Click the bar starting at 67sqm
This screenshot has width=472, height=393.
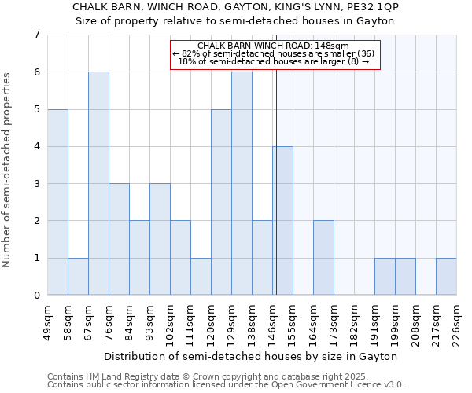pyautogui.click(x=98, y=183)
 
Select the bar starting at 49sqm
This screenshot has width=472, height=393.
pyautogui.click(x=57, y=202)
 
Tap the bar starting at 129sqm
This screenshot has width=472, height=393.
pyautogui.click(x=242, y=183)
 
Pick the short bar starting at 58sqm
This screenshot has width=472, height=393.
pyautogui.click(x=78, y=277)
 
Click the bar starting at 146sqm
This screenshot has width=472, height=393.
pyautogui.click(x=283, y=221)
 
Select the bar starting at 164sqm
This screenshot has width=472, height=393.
pyautogui.click(x=323, y=258)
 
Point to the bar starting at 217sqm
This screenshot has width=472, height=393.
pyautogui.click(x=446, y=277)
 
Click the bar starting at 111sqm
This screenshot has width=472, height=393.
pyautogui.click(x=201, y=277)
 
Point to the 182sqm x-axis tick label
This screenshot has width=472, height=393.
pyautogui.click(x=354, y=323)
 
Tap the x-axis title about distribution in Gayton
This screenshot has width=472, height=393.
pyautogui.click(x=251, y=356)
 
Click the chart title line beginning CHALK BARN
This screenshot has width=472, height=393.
pyautogui.click(x=235, y=6)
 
